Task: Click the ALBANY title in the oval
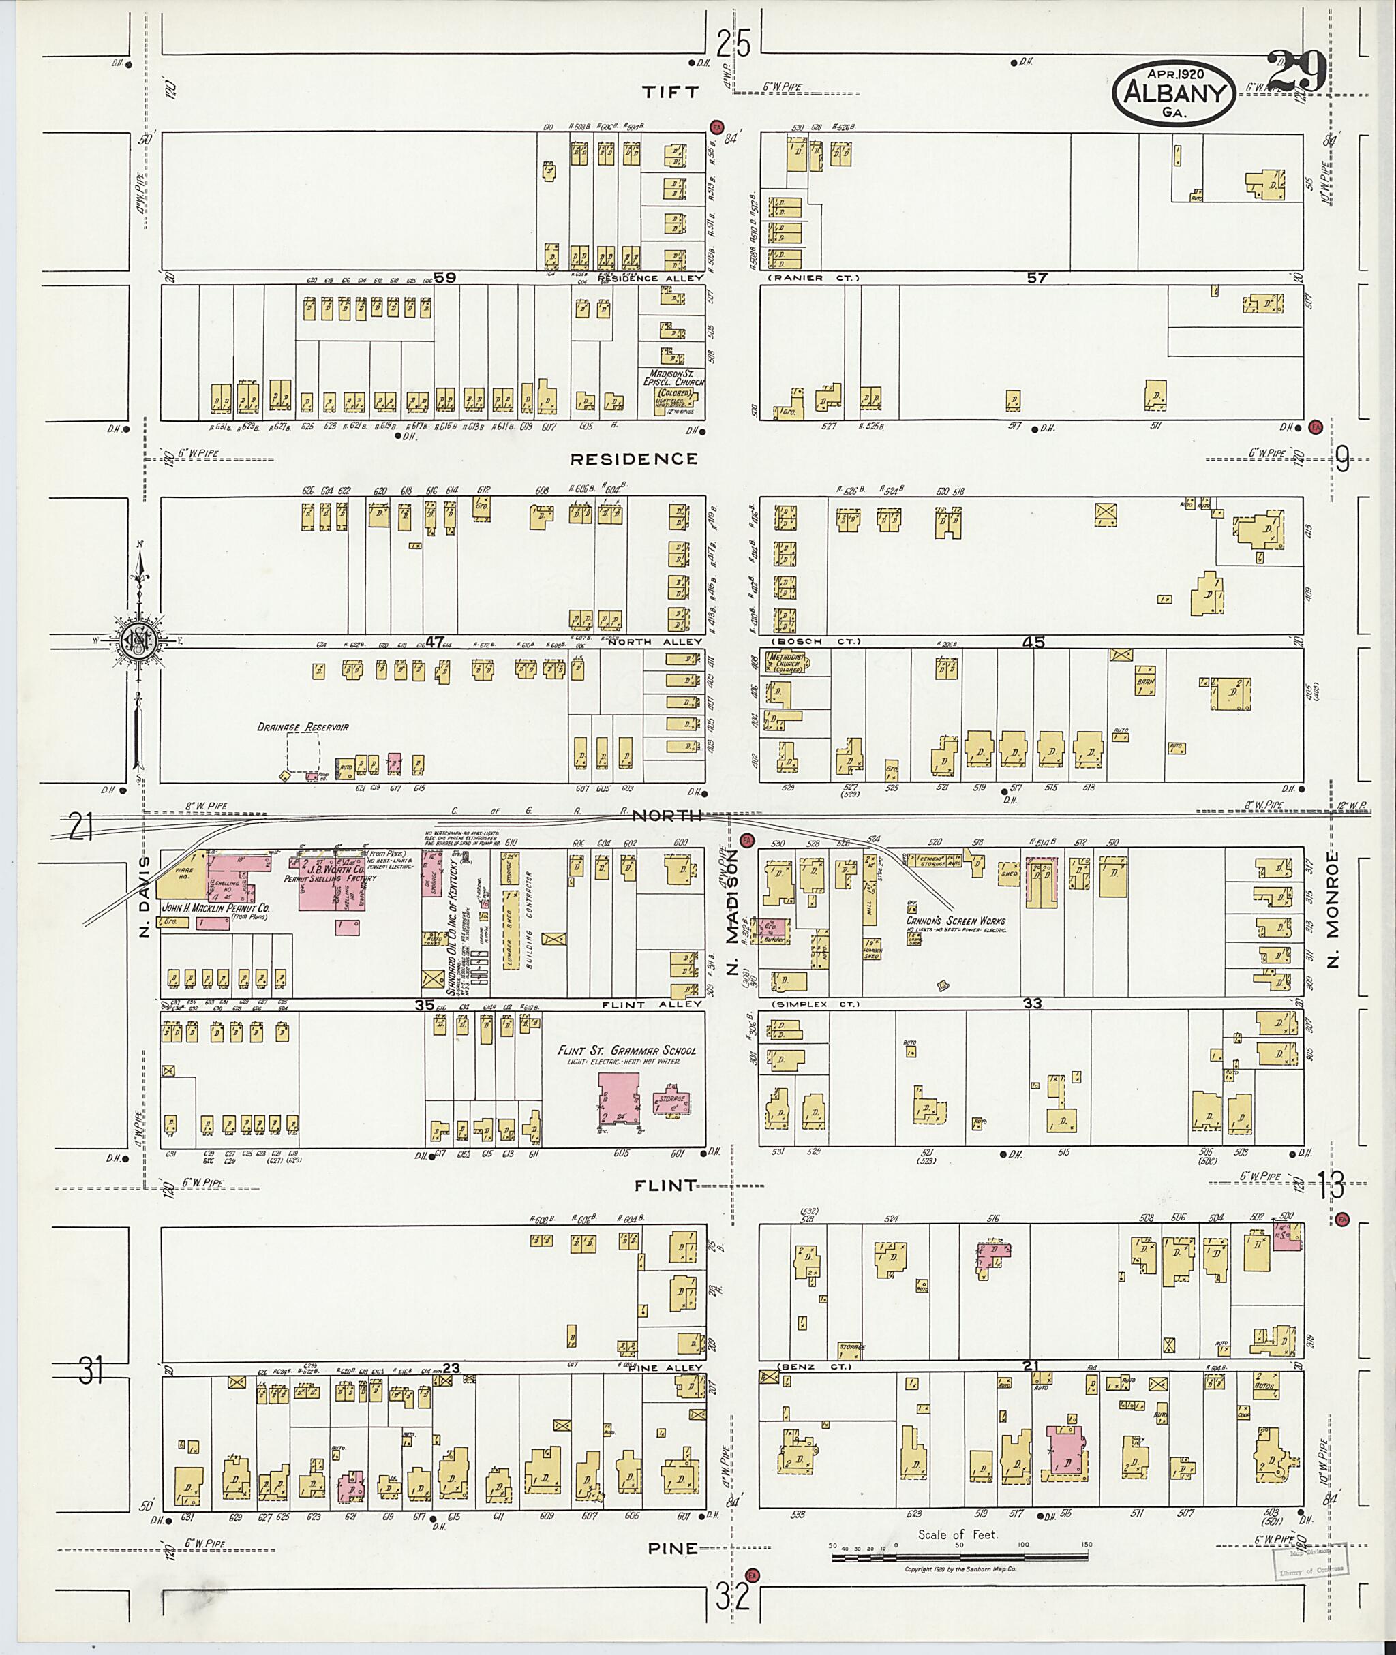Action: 1174,94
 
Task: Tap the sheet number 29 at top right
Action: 1296,73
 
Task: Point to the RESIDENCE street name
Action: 635,459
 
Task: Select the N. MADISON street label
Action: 733,914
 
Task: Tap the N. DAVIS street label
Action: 144,898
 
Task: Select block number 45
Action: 1033,643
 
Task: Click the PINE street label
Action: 673,1549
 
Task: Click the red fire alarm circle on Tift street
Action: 716,127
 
